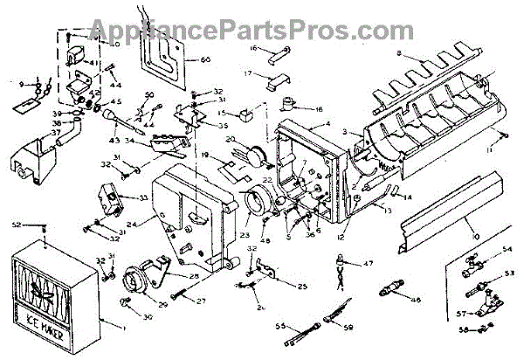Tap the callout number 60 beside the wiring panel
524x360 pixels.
tap(206, 59)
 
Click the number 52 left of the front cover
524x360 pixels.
tap(16, 225)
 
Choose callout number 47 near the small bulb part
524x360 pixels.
tap(368, 263)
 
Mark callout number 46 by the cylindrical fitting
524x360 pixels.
tap(415, 301)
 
